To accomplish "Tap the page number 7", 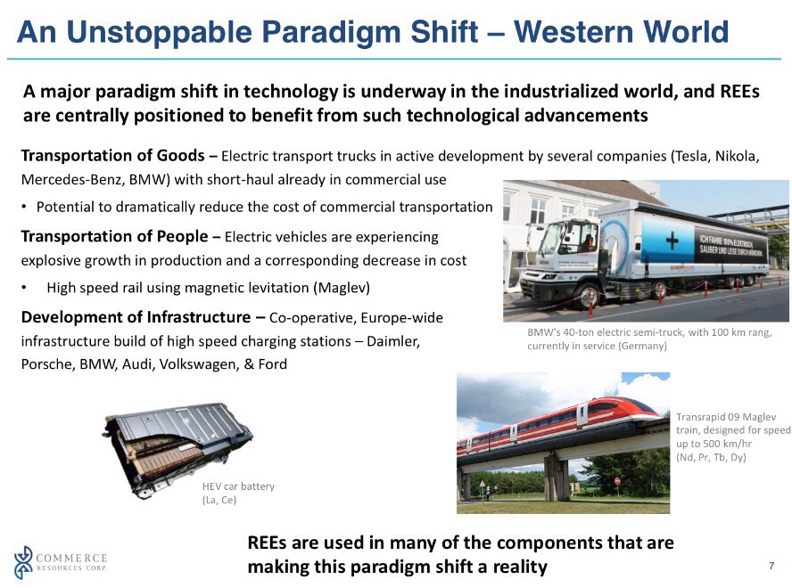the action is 771,566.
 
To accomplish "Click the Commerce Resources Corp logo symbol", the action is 23,562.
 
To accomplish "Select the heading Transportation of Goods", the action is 112,155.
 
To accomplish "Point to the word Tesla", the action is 691,156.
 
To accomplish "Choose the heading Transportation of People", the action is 115,236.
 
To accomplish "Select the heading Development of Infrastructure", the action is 136,317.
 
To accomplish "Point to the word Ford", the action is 273,363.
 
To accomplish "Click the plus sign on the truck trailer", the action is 672,241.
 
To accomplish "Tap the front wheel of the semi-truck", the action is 588,297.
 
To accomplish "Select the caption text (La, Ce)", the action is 219,500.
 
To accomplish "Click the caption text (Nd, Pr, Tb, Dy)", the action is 711,457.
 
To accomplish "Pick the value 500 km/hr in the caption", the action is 725,444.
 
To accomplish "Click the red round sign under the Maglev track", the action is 617,480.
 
